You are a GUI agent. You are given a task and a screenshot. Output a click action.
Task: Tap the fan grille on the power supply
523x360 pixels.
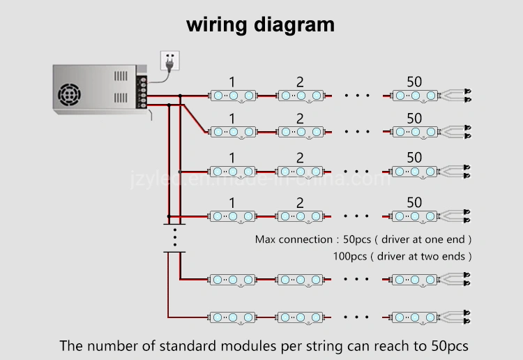(71, 93)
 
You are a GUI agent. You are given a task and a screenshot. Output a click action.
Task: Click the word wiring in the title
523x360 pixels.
(216, 24)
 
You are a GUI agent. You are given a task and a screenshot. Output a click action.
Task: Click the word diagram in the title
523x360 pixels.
(294, 25)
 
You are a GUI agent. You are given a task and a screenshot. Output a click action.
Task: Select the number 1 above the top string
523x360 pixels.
(232, 82)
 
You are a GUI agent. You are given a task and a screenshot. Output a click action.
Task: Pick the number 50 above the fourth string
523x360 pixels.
(414, 203)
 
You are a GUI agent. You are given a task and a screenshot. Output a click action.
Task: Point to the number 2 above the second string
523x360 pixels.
(300, 119)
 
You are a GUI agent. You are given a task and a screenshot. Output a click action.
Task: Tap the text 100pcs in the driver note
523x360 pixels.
(349, 256)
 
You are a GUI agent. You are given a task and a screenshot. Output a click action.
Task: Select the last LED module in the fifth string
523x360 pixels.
(414, 279)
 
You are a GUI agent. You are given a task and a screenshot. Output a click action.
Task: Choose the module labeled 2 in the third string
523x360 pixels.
(300, 171)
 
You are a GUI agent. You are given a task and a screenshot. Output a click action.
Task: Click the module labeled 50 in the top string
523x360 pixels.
(414, 95)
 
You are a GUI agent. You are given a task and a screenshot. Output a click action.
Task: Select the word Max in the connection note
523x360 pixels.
(266, 239)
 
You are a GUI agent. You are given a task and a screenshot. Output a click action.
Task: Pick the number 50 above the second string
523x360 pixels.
(414, 119)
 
